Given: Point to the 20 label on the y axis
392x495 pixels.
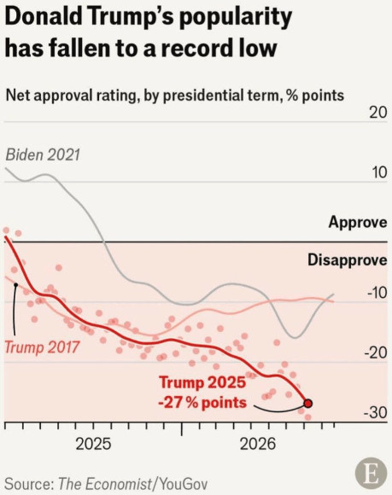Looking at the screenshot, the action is tap(377, 113).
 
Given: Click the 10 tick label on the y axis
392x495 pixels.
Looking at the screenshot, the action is tap(378, 172).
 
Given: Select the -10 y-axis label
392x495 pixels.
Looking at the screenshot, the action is tap(377, 293).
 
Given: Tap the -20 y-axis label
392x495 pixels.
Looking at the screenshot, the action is tap(376, 353).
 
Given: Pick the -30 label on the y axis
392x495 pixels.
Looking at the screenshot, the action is tap(376, 413).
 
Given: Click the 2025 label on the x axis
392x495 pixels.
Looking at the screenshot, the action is tap(93, 444).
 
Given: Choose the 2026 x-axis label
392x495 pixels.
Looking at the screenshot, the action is tap(258, 444).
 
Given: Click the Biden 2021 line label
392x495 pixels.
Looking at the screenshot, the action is tap(43, 155).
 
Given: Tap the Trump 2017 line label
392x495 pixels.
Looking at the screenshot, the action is tap(42, 347).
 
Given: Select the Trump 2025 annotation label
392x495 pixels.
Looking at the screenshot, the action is tap(202, 382).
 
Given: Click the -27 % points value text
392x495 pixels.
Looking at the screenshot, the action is tap(202, 403).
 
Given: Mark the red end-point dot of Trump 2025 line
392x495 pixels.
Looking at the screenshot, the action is tap(308, 404).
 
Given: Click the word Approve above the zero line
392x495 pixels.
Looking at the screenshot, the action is tap(358, 222).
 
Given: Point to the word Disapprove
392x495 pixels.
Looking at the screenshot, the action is tap(347, 260).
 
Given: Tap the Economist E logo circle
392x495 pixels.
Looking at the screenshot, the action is tap(371, 474).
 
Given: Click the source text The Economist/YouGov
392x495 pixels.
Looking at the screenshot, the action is tap(133, 484).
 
